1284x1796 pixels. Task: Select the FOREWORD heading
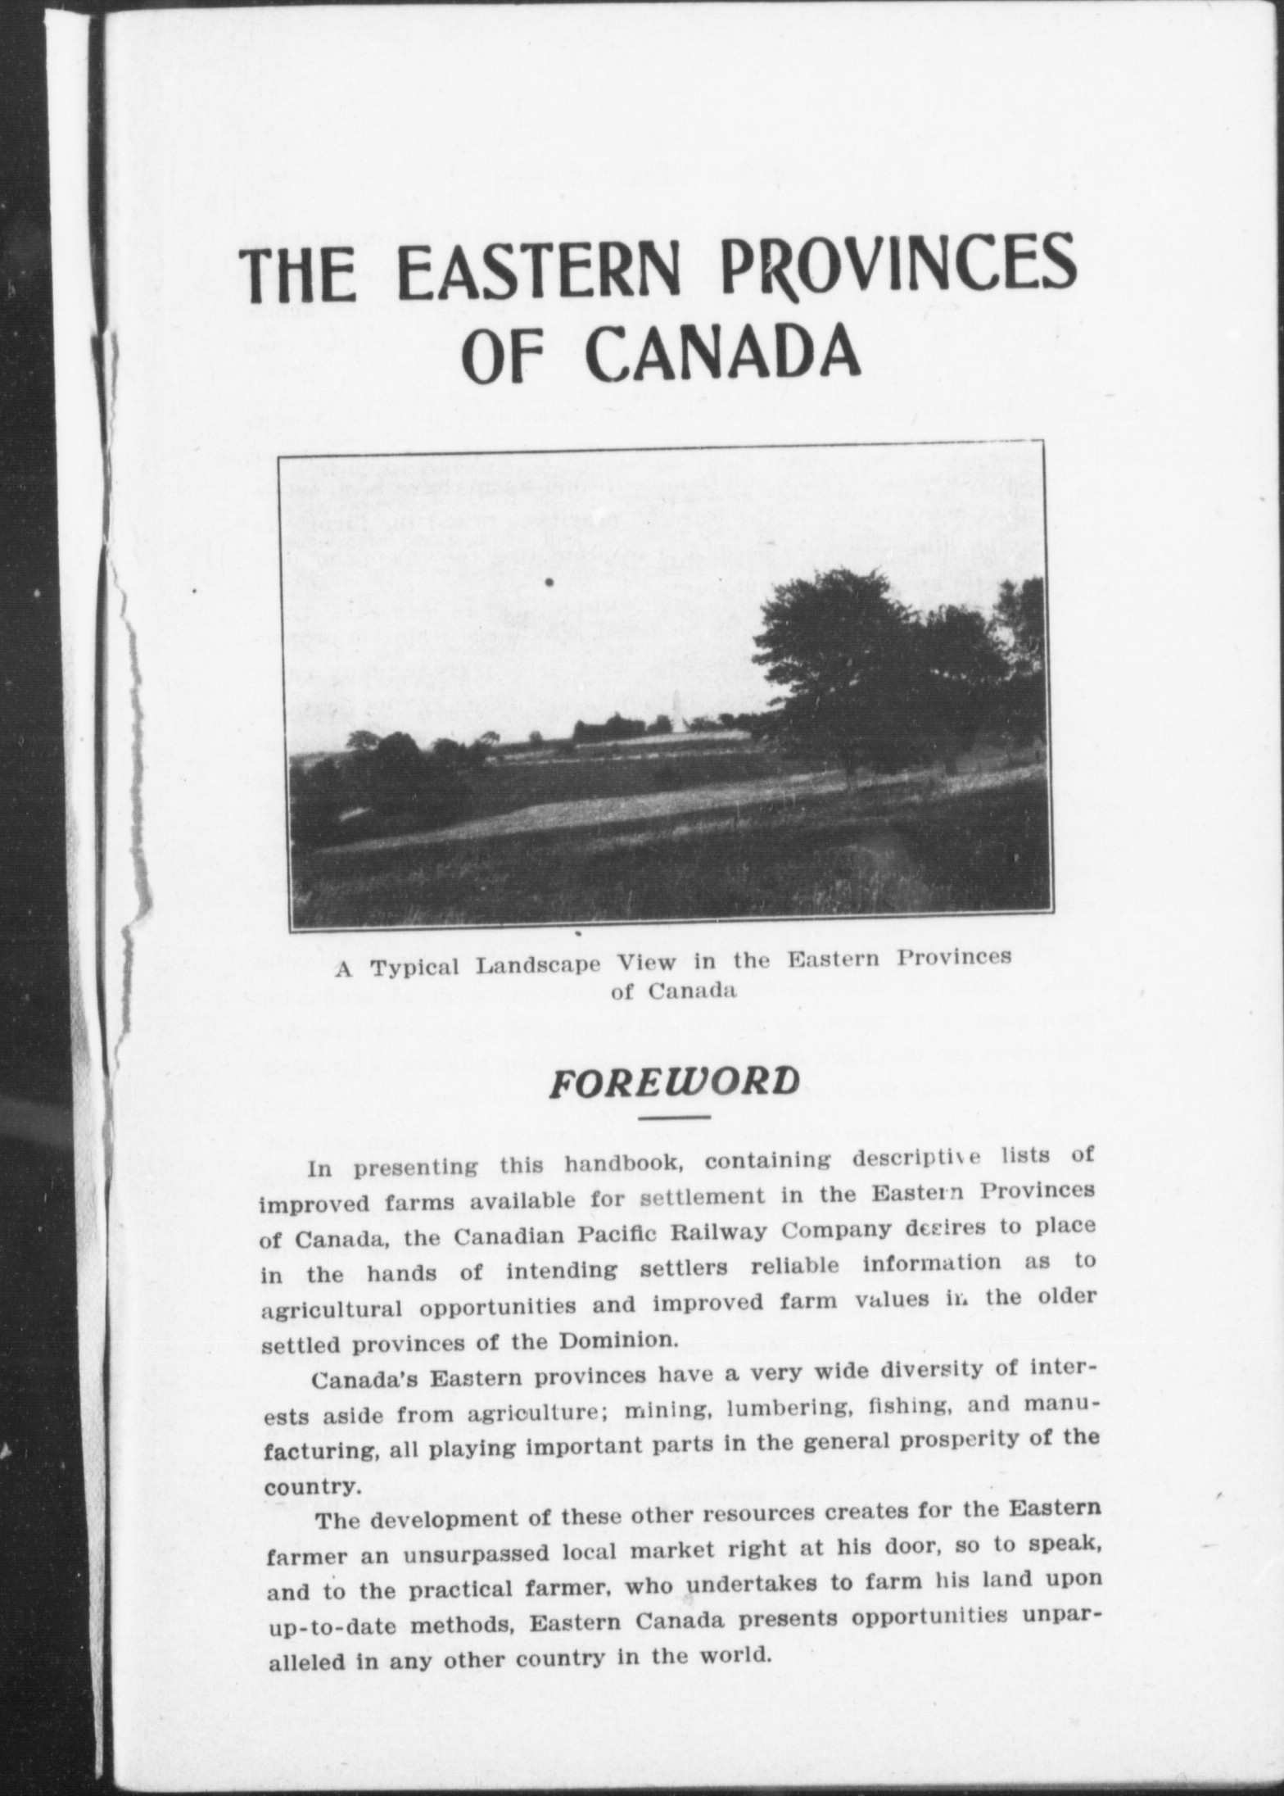pos(673,1082)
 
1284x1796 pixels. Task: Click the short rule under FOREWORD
pos(673,1118)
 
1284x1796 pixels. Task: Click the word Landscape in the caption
pos(538,964)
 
